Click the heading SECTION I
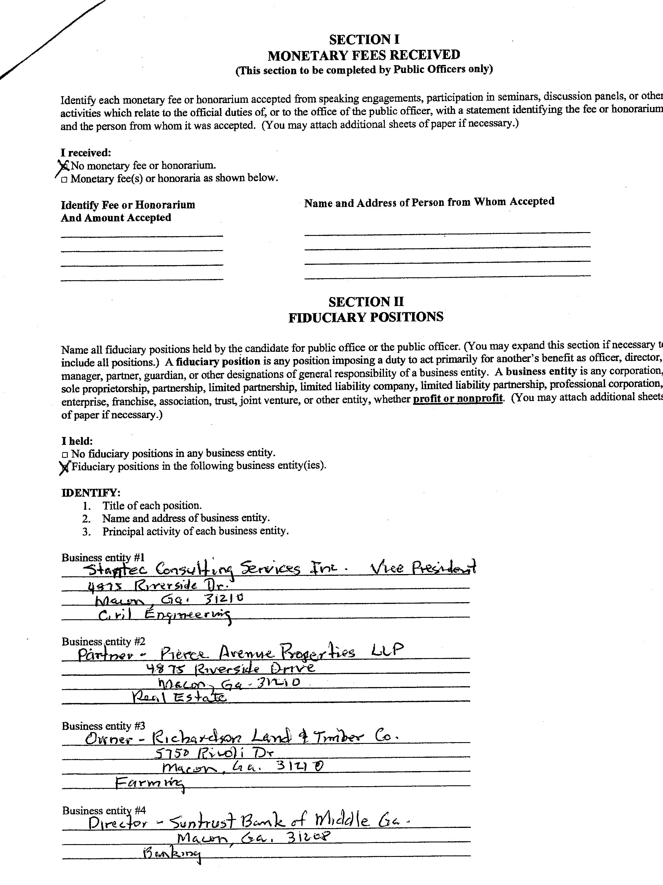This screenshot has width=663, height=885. pos(364,39)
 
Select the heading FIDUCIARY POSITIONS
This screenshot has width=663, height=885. pos(366,317)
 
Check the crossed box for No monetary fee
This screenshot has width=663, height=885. pos(64,165)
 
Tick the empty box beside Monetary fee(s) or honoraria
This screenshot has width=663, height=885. pos(64,180)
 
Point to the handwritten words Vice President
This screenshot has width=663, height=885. pos(423,567)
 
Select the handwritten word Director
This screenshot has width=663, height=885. pos(118,823)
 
